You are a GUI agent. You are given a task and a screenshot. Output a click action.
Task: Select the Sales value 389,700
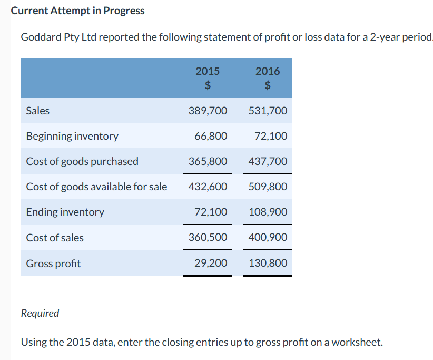click(208, 111)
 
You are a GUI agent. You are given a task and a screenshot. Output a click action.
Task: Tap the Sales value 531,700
click(268, 111)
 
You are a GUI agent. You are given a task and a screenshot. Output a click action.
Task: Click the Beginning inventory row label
click(72, 136)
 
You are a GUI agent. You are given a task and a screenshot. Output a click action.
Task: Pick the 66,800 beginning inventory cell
click(211, 136)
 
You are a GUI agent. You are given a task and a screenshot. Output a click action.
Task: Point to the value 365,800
click(208, 161)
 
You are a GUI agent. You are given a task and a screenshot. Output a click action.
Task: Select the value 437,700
click(268, 161)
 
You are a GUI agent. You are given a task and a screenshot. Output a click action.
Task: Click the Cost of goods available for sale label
click(96, 187)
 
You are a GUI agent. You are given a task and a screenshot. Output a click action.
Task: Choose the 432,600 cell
click(208, 187)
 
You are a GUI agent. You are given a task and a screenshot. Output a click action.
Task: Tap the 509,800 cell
click(268, 187)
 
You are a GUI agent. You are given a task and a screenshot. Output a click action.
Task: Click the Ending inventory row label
click(65, 212)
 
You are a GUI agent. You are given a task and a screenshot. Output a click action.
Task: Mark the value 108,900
click(268, 212)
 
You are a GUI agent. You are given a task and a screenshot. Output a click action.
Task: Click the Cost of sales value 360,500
click(208, 238)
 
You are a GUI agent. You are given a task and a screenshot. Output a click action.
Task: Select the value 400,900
click(268, 238)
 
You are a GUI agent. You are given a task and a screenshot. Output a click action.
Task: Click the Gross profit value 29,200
click(211, 263)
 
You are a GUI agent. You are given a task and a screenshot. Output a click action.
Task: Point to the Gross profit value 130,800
click(268, 263)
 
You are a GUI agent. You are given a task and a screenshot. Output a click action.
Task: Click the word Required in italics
click(40, 313)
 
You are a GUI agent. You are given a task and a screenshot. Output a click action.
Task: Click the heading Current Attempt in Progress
click(77, 11)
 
